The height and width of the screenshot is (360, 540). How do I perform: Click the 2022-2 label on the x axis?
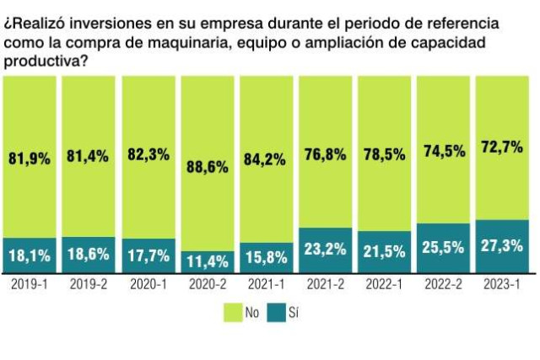coord(445,285)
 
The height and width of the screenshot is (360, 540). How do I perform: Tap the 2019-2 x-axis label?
coord(89,285)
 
